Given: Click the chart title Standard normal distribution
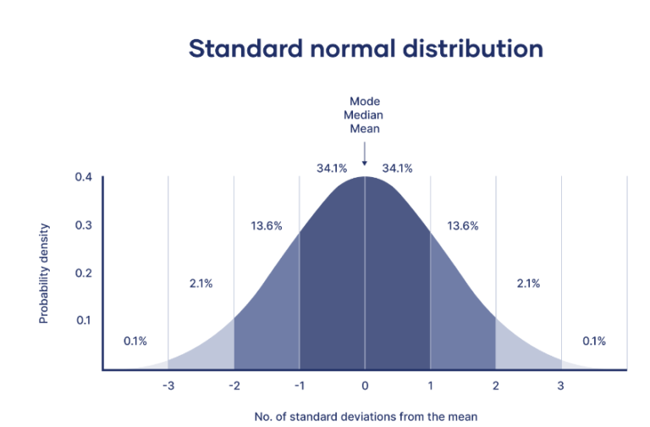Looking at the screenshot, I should point(366,48).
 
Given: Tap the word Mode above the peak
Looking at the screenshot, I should point(365,102).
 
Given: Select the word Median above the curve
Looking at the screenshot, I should point(365,115).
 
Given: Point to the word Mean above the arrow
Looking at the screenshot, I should point(365,130).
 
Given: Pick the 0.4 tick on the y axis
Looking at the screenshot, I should point(83,178).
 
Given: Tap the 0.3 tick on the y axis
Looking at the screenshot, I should point(83,225).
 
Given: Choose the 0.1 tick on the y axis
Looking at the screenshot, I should point(83,320).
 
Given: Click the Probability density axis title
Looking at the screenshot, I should point(44,274).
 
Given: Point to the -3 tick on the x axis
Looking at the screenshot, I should point(168,386).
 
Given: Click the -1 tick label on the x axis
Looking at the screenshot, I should point(299,386).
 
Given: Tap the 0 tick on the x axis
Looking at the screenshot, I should point(365,386).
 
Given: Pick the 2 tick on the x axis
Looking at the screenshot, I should point(496,386).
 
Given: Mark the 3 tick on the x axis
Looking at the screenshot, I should point(560,386).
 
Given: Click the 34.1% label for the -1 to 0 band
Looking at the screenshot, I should point(332,169).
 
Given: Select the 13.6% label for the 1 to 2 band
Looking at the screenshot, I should point(463,226).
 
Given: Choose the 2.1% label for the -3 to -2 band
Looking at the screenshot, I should point(201,284).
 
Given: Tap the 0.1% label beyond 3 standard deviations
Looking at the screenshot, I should point(593,341).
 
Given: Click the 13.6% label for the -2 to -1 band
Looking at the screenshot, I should point(267,226).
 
